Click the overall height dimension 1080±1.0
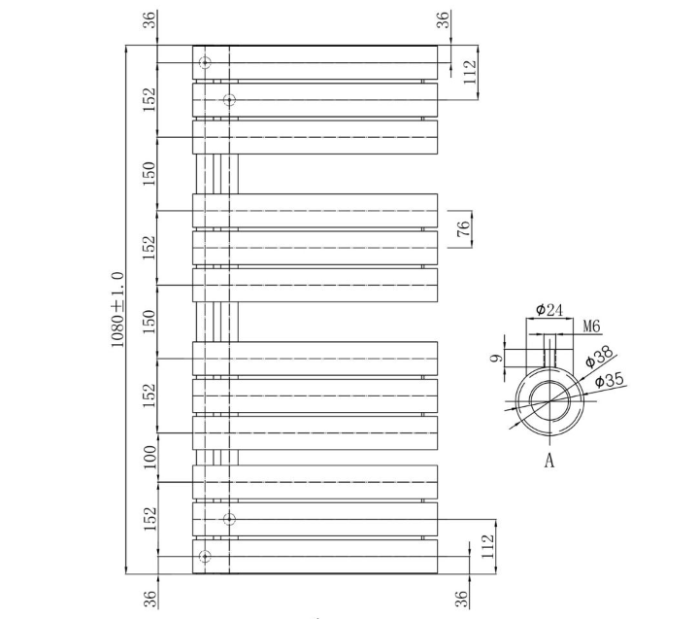click(117, 309)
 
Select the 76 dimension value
click(463, 228)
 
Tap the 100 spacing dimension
click(150, 458)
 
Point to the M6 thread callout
click(591, 327)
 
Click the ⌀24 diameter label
click(549, 309)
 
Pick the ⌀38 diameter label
click(599, 357)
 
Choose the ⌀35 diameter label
click(610, 380)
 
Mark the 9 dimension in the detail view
click(497, 358)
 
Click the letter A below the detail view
click(549, 460)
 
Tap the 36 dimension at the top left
click(150, 19)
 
